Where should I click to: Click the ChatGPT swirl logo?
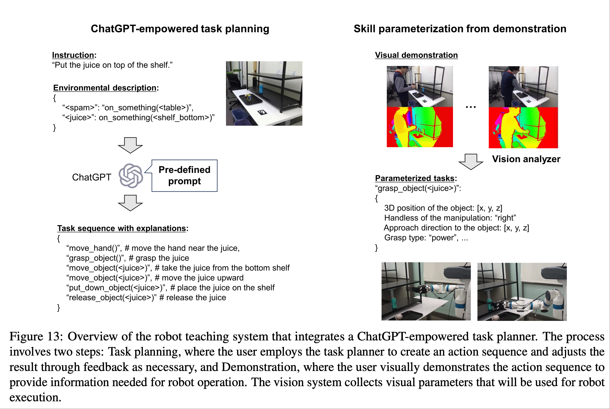click(x=130, y=176)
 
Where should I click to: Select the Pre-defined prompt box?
click(x=185, y=175)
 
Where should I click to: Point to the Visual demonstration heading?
click(x=416, y=55)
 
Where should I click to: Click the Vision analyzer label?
click(x=526, y=159)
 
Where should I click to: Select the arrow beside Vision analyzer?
click(x=471, y=162)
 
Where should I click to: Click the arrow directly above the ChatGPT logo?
click(x=130, y=145)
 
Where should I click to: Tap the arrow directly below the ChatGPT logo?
click(x=130, y=203)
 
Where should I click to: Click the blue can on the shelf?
click(x=261, y=89)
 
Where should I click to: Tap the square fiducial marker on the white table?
click(x=262, y=113)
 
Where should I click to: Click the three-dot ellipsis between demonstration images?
click(x=471, y=107)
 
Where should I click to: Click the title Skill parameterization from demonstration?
click(x=460, y=29)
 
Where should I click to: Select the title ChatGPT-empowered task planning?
click(x=180, y=29)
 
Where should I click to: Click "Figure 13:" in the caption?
click(x=36, y=337)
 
